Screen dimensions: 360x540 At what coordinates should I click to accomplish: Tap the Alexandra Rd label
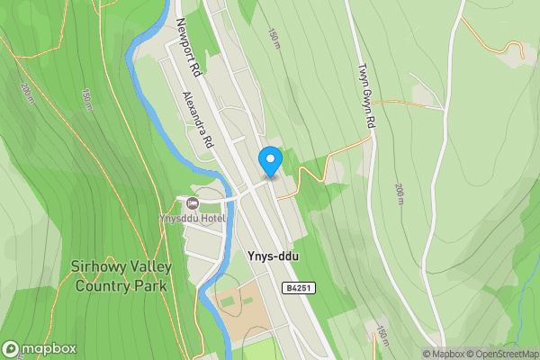(197, 119)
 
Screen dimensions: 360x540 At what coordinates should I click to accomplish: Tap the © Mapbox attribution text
(441, 354)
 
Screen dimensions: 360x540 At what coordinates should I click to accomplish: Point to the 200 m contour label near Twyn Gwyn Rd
(399, 193)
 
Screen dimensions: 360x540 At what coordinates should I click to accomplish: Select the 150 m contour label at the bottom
(382, 336)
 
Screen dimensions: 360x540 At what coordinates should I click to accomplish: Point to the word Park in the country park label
(151, 286)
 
